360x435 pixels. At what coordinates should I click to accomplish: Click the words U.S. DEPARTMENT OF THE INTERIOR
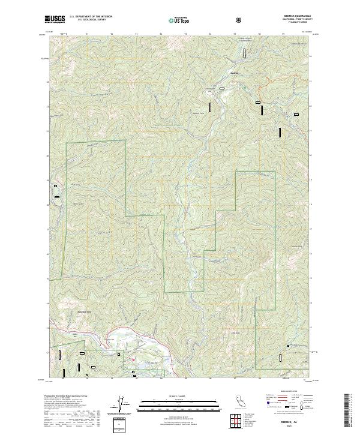pos(90,17)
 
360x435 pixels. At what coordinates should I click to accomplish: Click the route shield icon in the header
pos(241,20)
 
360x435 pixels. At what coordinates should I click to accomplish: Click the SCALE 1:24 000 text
pos(168,395)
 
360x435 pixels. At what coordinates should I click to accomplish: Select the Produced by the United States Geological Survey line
pos(64,397)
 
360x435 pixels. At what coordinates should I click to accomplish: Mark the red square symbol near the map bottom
pos(133,360)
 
